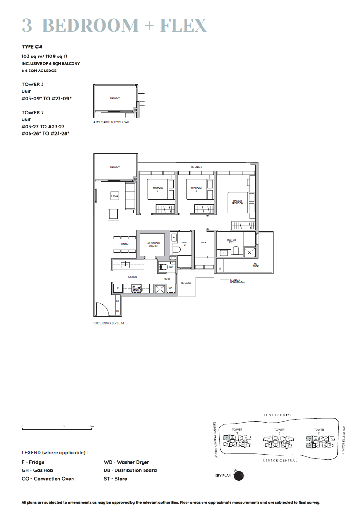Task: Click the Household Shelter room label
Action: (x=153, y=245)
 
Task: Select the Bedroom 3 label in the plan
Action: (x=158, y=189)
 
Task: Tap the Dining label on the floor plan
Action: (x=125, y=244)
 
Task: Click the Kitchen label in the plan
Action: (x=132, y=277)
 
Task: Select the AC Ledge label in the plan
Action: (x=255, y=265)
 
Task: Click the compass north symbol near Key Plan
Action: (x=238, y=476)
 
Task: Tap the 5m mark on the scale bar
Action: (x=92, y=427)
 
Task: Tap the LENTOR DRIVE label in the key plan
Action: (x=278, y=415)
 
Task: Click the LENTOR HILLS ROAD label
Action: (x=344, y=439)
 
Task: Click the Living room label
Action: (x=115, y=196)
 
